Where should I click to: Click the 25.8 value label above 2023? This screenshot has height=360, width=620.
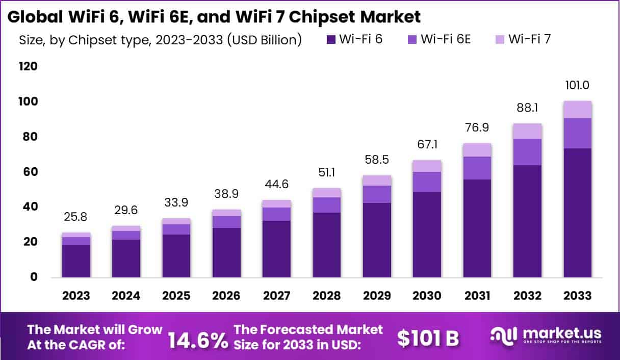[x=76, y=217]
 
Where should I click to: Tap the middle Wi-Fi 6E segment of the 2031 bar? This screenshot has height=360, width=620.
[x=477, y=168]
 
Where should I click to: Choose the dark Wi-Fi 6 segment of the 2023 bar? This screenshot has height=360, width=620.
[x=76, y=261]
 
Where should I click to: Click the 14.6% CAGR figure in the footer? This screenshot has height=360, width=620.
[x=198, y=339]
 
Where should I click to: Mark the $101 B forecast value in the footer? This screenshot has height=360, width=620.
[x=428, y=338]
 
